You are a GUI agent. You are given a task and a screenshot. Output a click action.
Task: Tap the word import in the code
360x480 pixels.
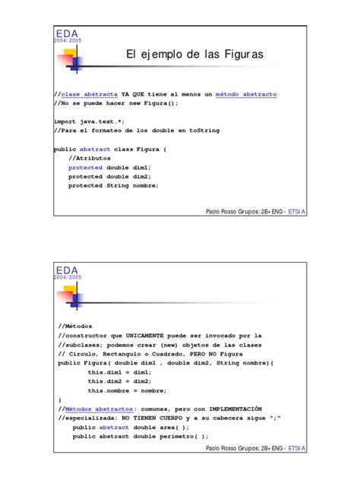64,121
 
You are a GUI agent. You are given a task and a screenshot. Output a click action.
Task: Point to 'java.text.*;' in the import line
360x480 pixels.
100,121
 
